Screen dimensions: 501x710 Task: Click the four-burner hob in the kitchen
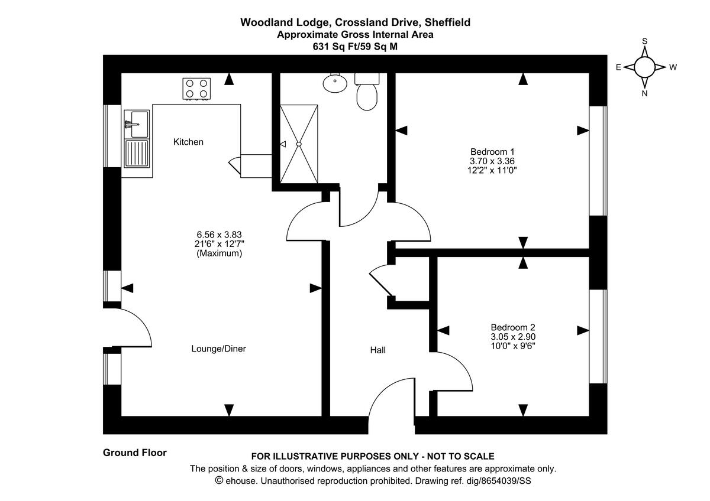197,89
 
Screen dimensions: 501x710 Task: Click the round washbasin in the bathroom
335,83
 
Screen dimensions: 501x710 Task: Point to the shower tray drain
299,144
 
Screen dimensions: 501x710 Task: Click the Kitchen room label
188,142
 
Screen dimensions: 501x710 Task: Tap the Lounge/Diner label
218,349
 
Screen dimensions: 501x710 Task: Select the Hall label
377,350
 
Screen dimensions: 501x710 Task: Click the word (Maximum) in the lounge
218,253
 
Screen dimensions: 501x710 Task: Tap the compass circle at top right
645,67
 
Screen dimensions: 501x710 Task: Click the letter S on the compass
645,41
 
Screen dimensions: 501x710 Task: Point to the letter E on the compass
618,67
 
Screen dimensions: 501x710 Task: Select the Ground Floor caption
135,453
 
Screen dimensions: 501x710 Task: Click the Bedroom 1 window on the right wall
598,161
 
